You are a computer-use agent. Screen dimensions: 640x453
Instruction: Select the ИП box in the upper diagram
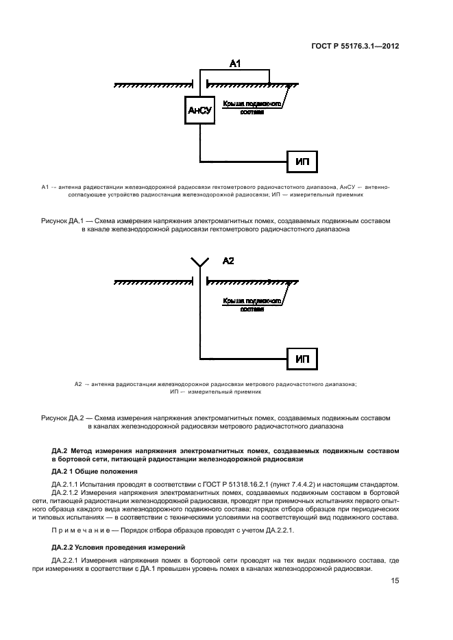click(302, 162)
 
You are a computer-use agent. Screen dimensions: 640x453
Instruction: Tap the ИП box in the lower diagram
click(302, 358)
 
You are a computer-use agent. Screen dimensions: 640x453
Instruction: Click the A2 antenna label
click(229, 261)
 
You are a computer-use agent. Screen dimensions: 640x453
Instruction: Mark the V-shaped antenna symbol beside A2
click(199, 261)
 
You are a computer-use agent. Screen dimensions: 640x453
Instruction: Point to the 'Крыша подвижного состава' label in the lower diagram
click(253, 305)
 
